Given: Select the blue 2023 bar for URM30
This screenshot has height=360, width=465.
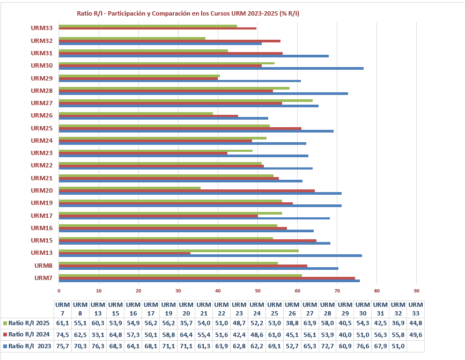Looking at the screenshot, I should pos(211,68).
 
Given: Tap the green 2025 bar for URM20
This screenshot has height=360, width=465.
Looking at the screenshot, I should pos(129,188).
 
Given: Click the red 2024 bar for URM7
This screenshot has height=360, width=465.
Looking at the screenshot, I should pos(206,278).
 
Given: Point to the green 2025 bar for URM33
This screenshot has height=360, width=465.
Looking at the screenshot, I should pos(147,26).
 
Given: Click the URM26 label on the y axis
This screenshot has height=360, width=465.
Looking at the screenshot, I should pos(41,115).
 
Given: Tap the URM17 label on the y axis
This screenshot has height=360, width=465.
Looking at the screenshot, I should pos(41,216).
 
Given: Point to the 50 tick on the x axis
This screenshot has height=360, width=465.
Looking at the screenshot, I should pos(257,291).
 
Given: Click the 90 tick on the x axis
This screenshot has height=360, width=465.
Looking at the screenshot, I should pos(416,291).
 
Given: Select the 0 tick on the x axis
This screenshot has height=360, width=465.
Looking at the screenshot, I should pos(59,291).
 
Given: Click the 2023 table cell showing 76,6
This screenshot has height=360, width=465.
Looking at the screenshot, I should pos(363,346).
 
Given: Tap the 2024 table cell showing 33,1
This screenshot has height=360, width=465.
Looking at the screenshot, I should pos(99,334).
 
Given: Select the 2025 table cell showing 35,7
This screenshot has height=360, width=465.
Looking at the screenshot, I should pos(186,323).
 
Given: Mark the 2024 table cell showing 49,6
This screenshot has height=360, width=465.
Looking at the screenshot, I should pos(415,334).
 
